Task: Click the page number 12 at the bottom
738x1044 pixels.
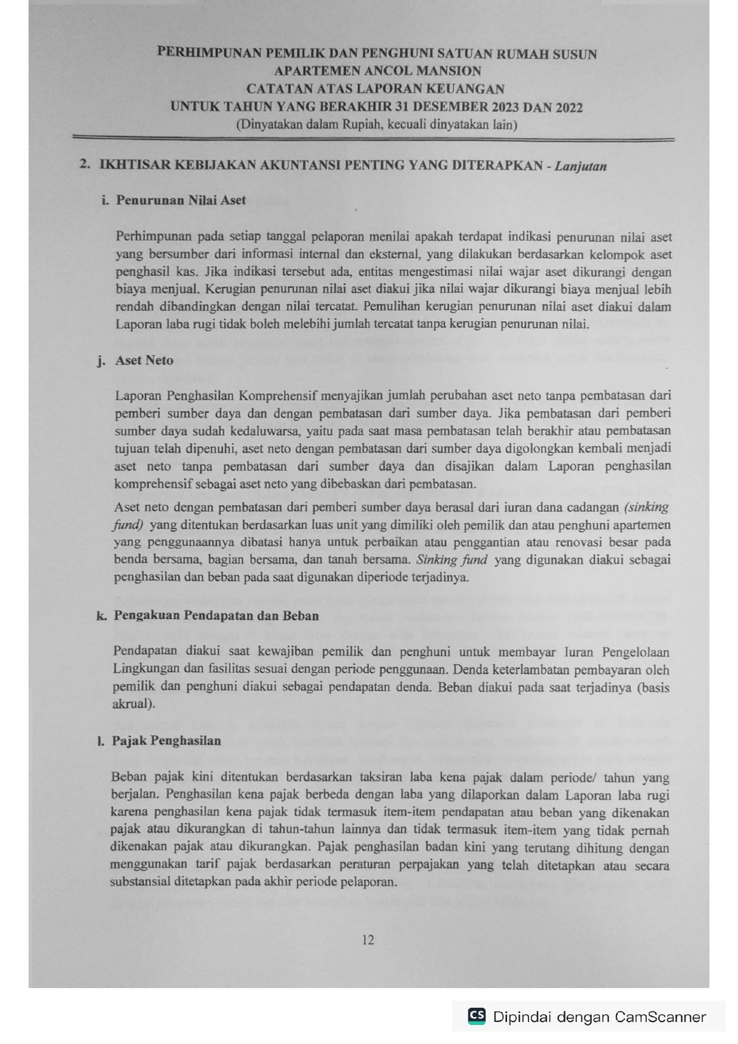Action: tap(368, 940)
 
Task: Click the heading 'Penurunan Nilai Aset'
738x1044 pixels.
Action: tap(180, 200)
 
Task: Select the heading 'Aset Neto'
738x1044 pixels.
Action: tap(144, 360)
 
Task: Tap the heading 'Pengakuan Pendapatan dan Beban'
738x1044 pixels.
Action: tap(216, 616)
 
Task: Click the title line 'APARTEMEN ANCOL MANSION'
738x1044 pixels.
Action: tap(377, 71)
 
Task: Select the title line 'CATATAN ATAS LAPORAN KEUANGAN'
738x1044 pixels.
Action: tap(376, 89)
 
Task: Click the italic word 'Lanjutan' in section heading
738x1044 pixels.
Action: tap(580, 166)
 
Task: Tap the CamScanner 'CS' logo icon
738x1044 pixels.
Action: tap(477, 1015)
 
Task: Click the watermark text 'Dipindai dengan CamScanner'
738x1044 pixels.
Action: tap(599, 1017)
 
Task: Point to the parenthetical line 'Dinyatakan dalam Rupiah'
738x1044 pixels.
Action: tap(376, 125)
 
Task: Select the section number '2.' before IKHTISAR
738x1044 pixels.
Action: tap(85, 164)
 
